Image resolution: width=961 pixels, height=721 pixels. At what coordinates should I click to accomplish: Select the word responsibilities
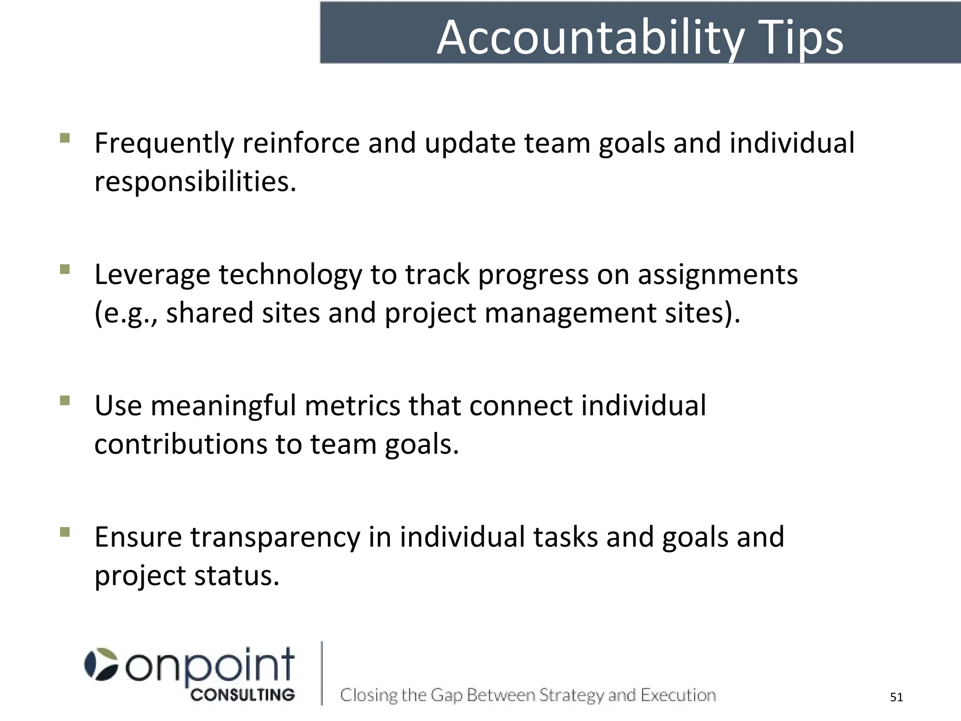pos(195,182)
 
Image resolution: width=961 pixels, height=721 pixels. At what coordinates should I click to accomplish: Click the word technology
pos(290,275)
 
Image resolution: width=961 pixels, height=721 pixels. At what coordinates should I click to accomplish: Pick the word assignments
pos(717,275)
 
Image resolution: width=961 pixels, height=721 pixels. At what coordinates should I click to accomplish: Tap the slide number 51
pos(896,698)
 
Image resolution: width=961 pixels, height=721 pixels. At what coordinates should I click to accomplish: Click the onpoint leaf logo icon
pos(101,664)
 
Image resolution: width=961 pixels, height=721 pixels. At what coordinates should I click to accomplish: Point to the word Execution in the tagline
pos(678,695)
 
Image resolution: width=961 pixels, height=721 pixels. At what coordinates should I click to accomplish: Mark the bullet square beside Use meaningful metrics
pos(65,400)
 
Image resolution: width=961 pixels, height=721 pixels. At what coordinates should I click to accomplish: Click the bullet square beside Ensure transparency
pos(65,532)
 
